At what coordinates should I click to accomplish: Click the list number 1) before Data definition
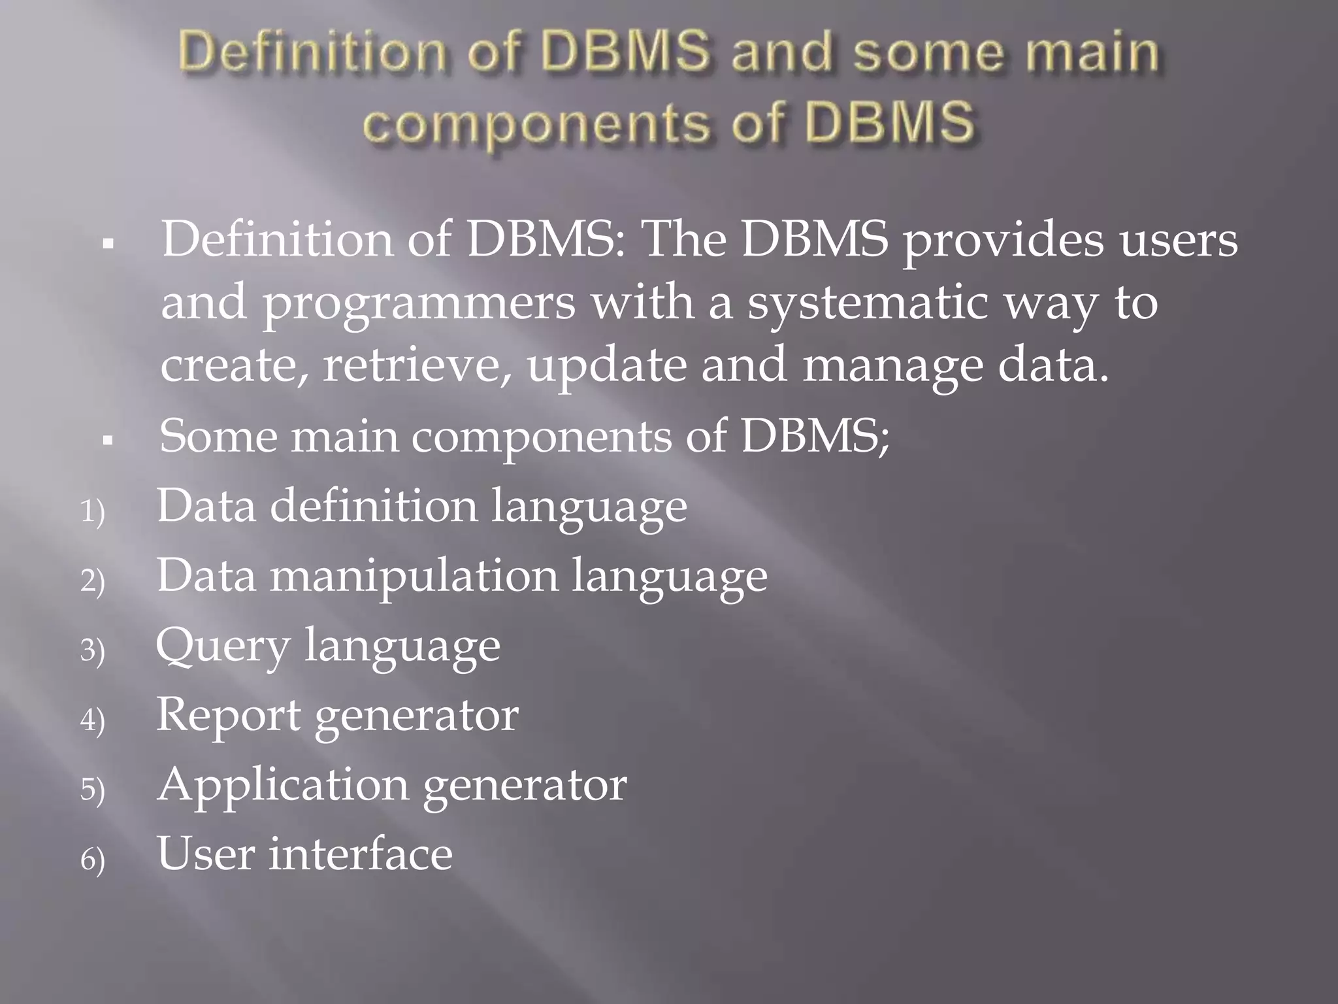(92, 511)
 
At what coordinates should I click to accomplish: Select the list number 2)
(92, 580)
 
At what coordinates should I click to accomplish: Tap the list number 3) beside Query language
(92, 650)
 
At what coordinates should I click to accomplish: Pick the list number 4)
(92, 720)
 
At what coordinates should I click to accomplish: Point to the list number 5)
(92, 789)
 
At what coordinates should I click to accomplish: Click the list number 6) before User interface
(92, 859)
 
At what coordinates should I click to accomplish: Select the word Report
(228, 716)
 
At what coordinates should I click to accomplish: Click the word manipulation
(414, 577)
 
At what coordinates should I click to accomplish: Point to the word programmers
(419, 305)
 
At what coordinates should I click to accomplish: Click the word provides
(1003, 241)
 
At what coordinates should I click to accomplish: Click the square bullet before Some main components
(108, 441)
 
